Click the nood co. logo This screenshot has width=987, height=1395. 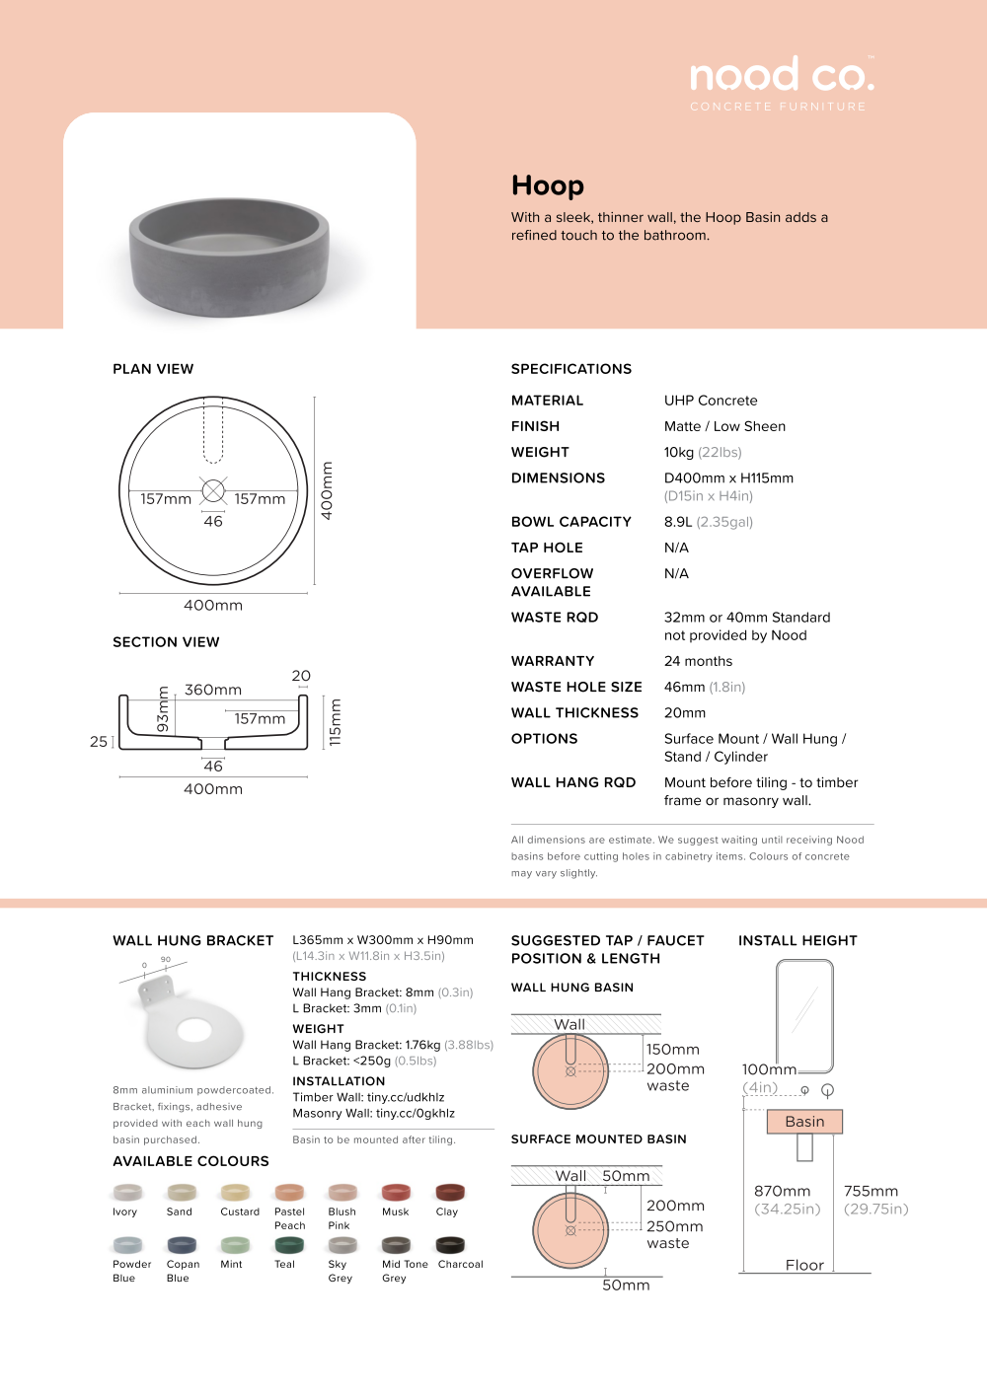click(x=782, y=77)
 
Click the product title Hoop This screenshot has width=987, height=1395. click(x=548, y=185)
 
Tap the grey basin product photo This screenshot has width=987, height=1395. click(x=229, y=256)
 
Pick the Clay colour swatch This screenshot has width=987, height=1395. click(x=450, y=1193)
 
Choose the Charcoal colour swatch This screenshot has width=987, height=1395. click(x=450, y=1245)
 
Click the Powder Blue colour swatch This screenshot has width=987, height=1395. click(x=127, y=1245)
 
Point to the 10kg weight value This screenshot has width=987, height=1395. click(x=679, y=452)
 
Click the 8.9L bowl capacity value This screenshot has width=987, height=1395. click(x=678, y=522)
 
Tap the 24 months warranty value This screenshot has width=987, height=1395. click(x=698, y=661)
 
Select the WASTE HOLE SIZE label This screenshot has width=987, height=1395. click(x=576, y=687)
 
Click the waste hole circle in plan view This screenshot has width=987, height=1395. click(x=213, y=490)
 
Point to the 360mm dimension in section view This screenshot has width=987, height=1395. click(x=213, y=690)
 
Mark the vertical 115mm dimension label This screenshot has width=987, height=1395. click(x=336, y=722)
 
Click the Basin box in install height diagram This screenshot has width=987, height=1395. click(x=804, y=1122)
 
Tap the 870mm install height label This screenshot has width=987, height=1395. click(x=783, y=1191)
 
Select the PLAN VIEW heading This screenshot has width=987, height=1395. click(x=153, y=369)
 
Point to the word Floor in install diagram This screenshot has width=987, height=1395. click(x=804, y=1265)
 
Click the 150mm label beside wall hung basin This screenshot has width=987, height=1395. click(x=673, y=1050)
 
